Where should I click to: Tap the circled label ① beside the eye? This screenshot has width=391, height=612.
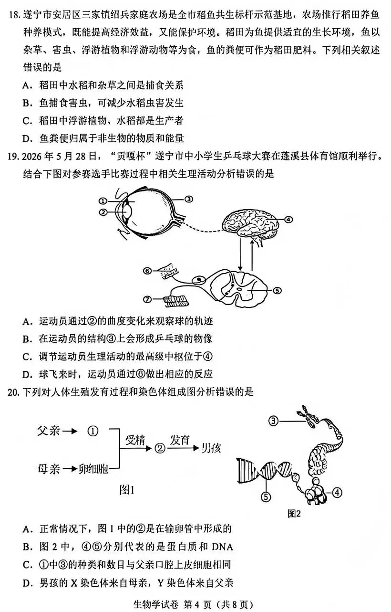(x=103, y=201)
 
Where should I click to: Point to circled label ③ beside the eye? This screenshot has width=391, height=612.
(x=188, y=199)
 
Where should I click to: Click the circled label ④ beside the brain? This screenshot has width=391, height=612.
(x=288, y=219)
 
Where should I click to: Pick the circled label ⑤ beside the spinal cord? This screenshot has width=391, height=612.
(x=277, y=290)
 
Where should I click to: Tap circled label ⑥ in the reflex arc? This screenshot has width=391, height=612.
(x=147, y=271)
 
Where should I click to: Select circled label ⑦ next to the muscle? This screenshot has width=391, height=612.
(x=147, y=300)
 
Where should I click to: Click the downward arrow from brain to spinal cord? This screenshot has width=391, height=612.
(x=240, y=254)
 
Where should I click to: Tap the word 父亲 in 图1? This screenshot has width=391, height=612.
(x=48, y=431)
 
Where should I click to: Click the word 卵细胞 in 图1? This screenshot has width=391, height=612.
(x=93, y=469)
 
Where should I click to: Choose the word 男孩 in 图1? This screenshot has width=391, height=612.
(x=211, y=448)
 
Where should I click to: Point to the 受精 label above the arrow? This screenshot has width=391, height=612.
(x=135, y=440)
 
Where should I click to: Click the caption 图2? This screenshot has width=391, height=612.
(x=294, y=514)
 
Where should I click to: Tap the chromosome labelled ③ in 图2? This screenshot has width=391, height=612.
(x=309, y=417)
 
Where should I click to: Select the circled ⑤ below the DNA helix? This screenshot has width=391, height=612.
(x=266, y=496)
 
